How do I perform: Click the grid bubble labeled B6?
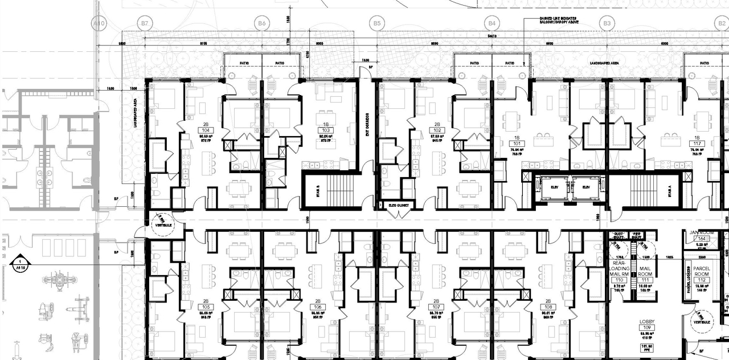[261, 24]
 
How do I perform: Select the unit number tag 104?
[206, 130]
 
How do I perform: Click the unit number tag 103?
[325, 130]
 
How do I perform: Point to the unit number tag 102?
[437, 130]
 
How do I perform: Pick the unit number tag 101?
[517, 144]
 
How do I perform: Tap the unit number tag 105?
[206, 307]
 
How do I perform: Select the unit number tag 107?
[437, 307]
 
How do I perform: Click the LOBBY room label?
[646, 322]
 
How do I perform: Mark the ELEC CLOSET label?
[400, 204]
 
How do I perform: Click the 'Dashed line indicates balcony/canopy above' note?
[558, 21]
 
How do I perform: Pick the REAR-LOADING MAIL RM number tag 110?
[617, 280]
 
